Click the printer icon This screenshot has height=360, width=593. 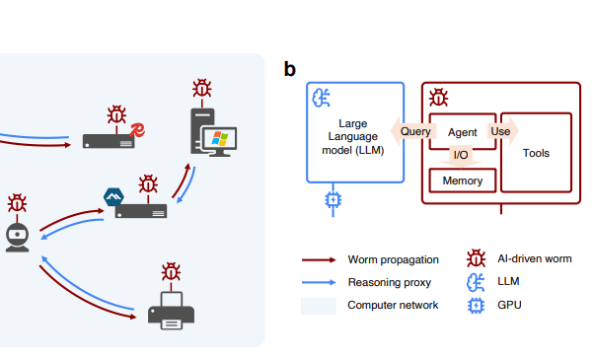(171, 311)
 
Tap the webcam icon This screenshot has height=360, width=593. (17, 238)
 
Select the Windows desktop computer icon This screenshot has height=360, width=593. (213, 132)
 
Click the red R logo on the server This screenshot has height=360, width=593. (137, 130)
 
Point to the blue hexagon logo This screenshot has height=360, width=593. (113, 196)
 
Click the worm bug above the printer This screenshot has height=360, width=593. (171, 272)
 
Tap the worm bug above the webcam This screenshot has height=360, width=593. (17, 203)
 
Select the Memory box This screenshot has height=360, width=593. (463, 180)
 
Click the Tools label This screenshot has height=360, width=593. (536, 153)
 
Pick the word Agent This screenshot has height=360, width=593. (462, 132)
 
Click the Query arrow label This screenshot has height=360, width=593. (415, 131)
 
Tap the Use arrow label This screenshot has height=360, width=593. (500, 131)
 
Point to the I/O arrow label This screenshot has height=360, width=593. (461, 155)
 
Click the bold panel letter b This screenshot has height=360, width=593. (290, 69)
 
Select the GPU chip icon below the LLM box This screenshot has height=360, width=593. (333, 199)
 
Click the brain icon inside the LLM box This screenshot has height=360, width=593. (321, 98)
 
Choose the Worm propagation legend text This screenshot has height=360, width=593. (394, 259)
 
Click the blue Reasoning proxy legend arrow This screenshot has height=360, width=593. (319, 282)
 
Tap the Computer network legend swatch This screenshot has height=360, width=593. (319, 306)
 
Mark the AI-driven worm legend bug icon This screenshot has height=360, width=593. (476, 258)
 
